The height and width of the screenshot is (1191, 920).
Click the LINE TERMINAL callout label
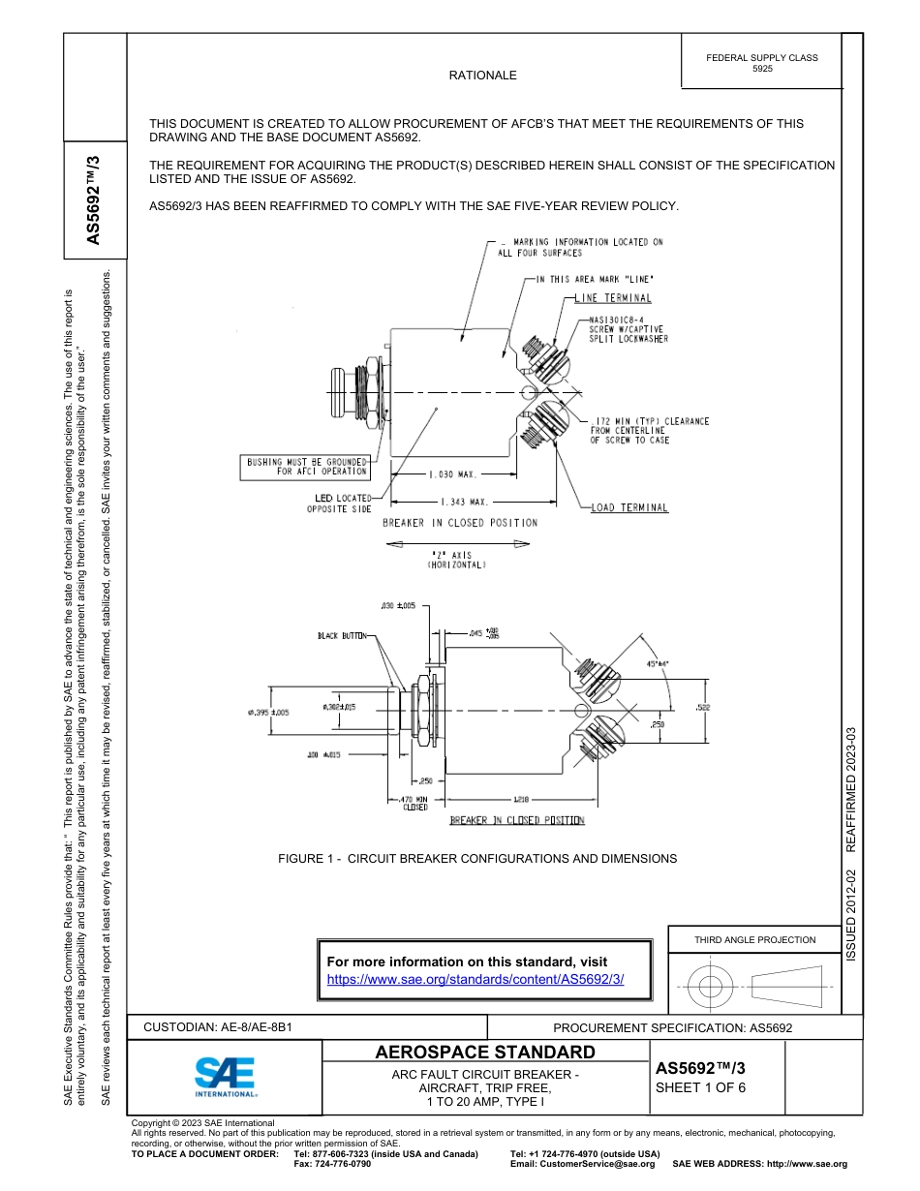coord(613,298)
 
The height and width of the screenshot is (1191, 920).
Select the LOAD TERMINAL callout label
coord(629,507)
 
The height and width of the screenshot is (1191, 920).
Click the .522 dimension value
coord(703,707)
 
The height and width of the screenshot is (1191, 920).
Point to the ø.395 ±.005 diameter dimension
coord(267,713)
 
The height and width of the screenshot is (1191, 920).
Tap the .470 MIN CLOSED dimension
coord(414,803)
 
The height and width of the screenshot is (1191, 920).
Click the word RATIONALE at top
coord(482,75)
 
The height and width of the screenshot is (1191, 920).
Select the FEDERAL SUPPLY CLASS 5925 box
coord(761,63)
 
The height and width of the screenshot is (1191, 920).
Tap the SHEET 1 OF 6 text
coord(700,1086)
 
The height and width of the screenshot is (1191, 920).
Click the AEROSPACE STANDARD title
coord(485,1053)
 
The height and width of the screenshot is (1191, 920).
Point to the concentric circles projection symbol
coord(711,988)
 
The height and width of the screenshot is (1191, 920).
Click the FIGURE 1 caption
coord(477,858)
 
